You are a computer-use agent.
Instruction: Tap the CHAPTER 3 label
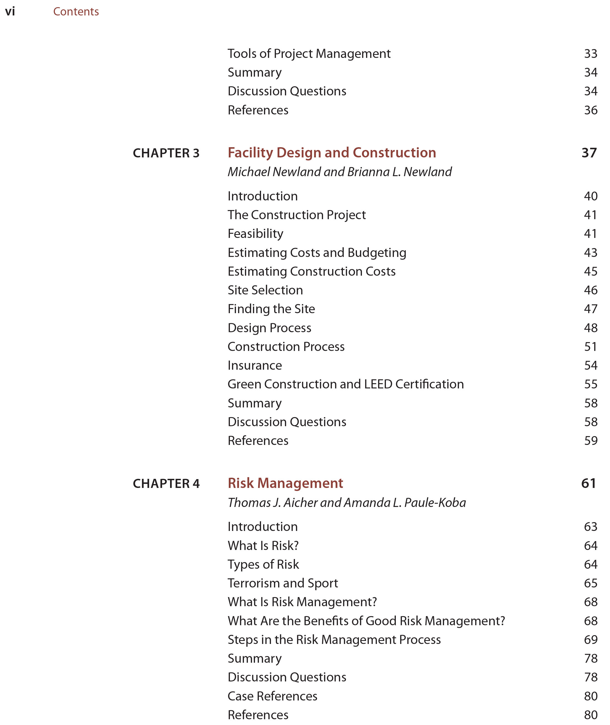click(x=166, y=153)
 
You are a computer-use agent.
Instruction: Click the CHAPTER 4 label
click(x=166, y=484)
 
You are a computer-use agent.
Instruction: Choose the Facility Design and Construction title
click(x=332, y=152)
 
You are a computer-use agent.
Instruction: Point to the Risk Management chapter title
click(x=285, y=483)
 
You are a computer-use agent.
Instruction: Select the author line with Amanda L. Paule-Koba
click(x=346, y=503)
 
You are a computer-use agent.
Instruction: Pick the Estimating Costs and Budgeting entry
click(x=317, y=253)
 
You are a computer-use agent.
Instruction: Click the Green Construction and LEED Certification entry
click(x=345, y=384)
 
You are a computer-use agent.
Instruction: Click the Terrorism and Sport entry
click(x=283, y=583)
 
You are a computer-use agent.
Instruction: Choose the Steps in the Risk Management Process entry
click(x=334, y=640)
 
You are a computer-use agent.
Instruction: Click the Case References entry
click(x=272, y=696)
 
